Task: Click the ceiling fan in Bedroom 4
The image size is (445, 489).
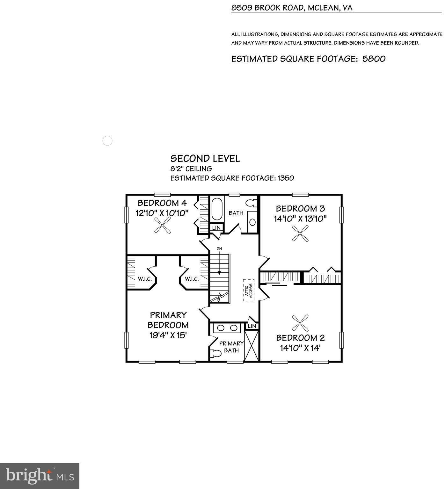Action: click(x=162, y=226)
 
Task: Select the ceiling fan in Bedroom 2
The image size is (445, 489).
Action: click(x=300, y=323)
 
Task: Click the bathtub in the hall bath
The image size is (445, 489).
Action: click(x=217, y=209)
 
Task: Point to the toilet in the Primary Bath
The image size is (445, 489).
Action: click(x=216, y=353)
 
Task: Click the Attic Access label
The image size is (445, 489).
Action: click(x=249, y=290)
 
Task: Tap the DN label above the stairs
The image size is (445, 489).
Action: click(x=219, y=248)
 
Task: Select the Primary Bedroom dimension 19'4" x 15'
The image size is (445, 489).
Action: click(x=168, y=335)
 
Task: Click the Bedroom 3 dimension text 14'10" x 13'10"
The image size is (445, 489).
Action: click(x=300, y=219)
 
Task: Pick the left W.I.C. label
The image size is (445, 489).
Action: click(x=145, y=279)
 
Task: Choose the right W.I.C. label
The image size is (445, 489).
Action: click(x=192, y=279)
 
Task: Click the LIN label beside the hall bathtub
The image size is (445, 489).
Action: click(x=216, y=228)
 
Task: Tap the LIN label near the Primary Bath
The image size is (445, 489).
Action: click(x=252, y=326)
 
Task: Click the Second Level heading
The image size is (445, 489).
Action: click(x=205, y=159)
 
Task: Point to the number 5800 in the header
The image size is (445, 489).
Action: click(x=374, y=59)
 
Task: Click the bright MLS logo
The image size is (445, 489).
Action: click(x=40, y=476)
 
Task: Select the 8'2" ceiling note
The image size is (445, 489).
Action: click(x=191, y=169)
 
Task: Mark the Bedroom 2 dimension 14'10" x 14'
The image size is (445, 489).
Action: click(x=300, y=348)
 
